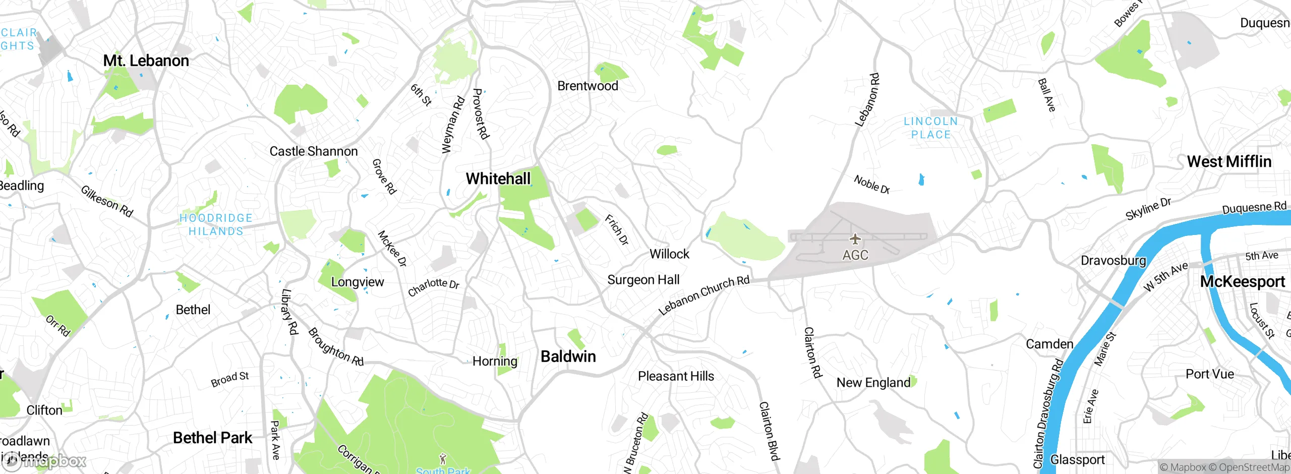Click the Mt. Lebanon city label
pyautogui.click(x=146, y=61)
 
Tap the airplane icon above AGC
pyautogui.click(x=855, y=239)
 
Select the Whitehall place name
pyautogui.click(x=498, y=179)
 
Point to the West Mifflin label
pyautogui.click(x=1229, y=162)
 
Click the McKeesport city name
pyautogui.click(x=1242, y=281)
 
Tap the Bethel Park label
pyautogui.click(x=212, y=438)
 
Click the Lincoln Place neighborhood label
pyautogui.click(x=930, y=128)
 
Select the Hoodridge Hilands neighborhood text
pyautogui.click(x=216, y=225)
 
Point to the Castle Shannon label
pyautogui.click(x=313, y=151)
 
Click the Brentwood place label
pyautogui.click(x=588, y=86)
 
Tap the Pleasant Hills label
pyautogui.click(x=676, y=376)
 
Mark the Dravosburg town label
pyautogui.click(x=1113, y=261)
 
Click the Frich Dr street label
pyautogui.click(x=617, y=230)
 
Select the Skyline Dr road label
pyautogui.click(x=1148, y=209)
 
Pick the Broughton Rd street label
pyautogui.click(x=335, y=347)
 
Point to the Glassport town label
pyautogui.click(x=1077, y=460)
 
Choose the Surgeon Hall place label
pyautogui.click(x=643, y=280)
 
